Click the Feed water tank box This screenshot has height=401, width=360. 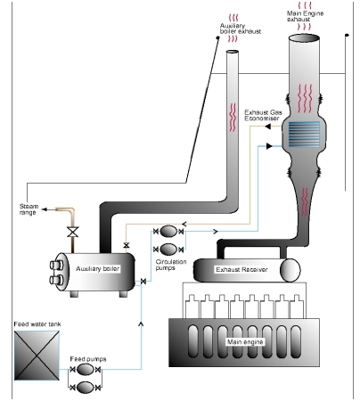[x=37, y=356]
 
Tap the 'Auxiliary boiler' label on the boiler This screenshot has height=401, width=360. [x=97, y=269]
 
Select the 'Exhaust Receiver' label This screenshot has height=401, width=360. [x=241, y=269]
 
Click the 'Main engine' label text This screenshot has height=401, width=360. [x=245, y=342]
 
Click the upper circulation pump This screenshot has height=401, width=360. [x=168, y=231]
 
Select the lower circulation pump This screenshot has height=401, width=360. [x=168, y=250]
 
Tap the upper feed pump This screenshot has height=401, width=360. [x=85, y=370]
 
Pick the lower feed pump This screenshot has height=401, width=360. [x=85, y=388]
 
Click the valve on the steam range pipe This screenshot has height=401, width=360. [x=72, y=232]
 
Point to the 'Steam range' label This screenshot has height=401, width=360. [x=29, y=209]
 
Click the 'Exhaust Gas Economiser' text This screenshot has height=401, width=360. [x=263, y=115]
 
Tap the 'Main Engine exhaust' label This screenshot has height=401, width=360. [x=305, y=16]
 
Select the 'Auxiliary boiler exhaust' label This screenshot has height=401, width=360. [x=241, y=29]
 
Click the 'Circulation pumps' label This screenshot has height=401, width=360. [x=171, y=265]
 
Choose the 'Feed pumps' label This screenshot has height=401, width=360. [x=88, y=359]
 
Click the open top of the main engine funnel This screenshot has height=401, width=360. [x=304, y=38]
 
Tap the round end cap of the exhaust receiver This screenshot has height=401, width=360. [x=290, y=270]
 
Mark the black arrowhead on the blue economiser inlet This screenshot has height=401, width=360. [x=269, y=146]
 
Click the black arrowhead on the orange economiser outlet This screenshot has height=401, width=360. [x=267, y=127]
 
